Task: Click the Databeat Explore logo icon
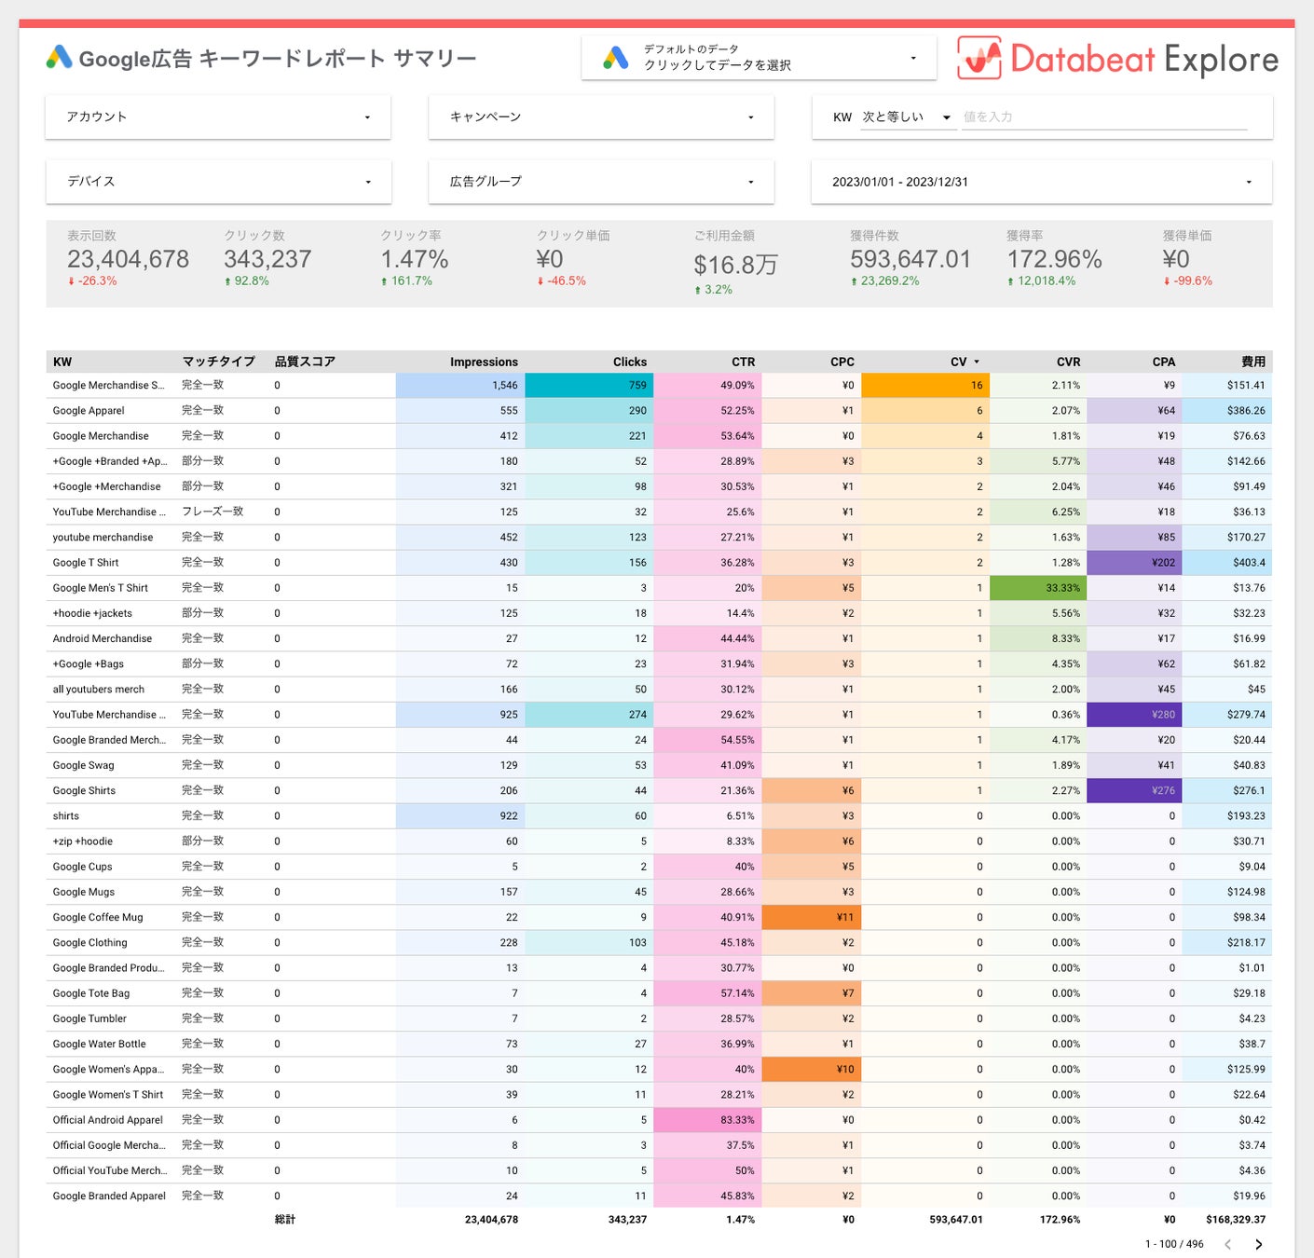point(979,59)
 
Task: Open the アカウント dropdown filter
point(218,117)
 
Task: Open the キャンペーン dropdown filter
point(601,117)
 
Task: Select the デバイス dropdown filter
point(218,182)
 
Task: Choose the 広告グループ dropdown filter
point(601,182)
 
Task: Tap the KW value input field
point(1103,117)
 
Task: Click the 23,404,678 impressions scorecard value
point(129,259)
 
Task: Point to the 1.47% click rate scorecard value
point(415,259)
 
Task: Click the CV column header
point(959,362)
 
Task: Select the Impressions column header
point(484,362)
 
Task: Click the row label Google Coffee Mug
point(98,917)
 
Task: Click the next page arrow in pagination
point(1258,1244)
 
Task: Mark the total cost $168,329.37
point(1236,1220)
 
